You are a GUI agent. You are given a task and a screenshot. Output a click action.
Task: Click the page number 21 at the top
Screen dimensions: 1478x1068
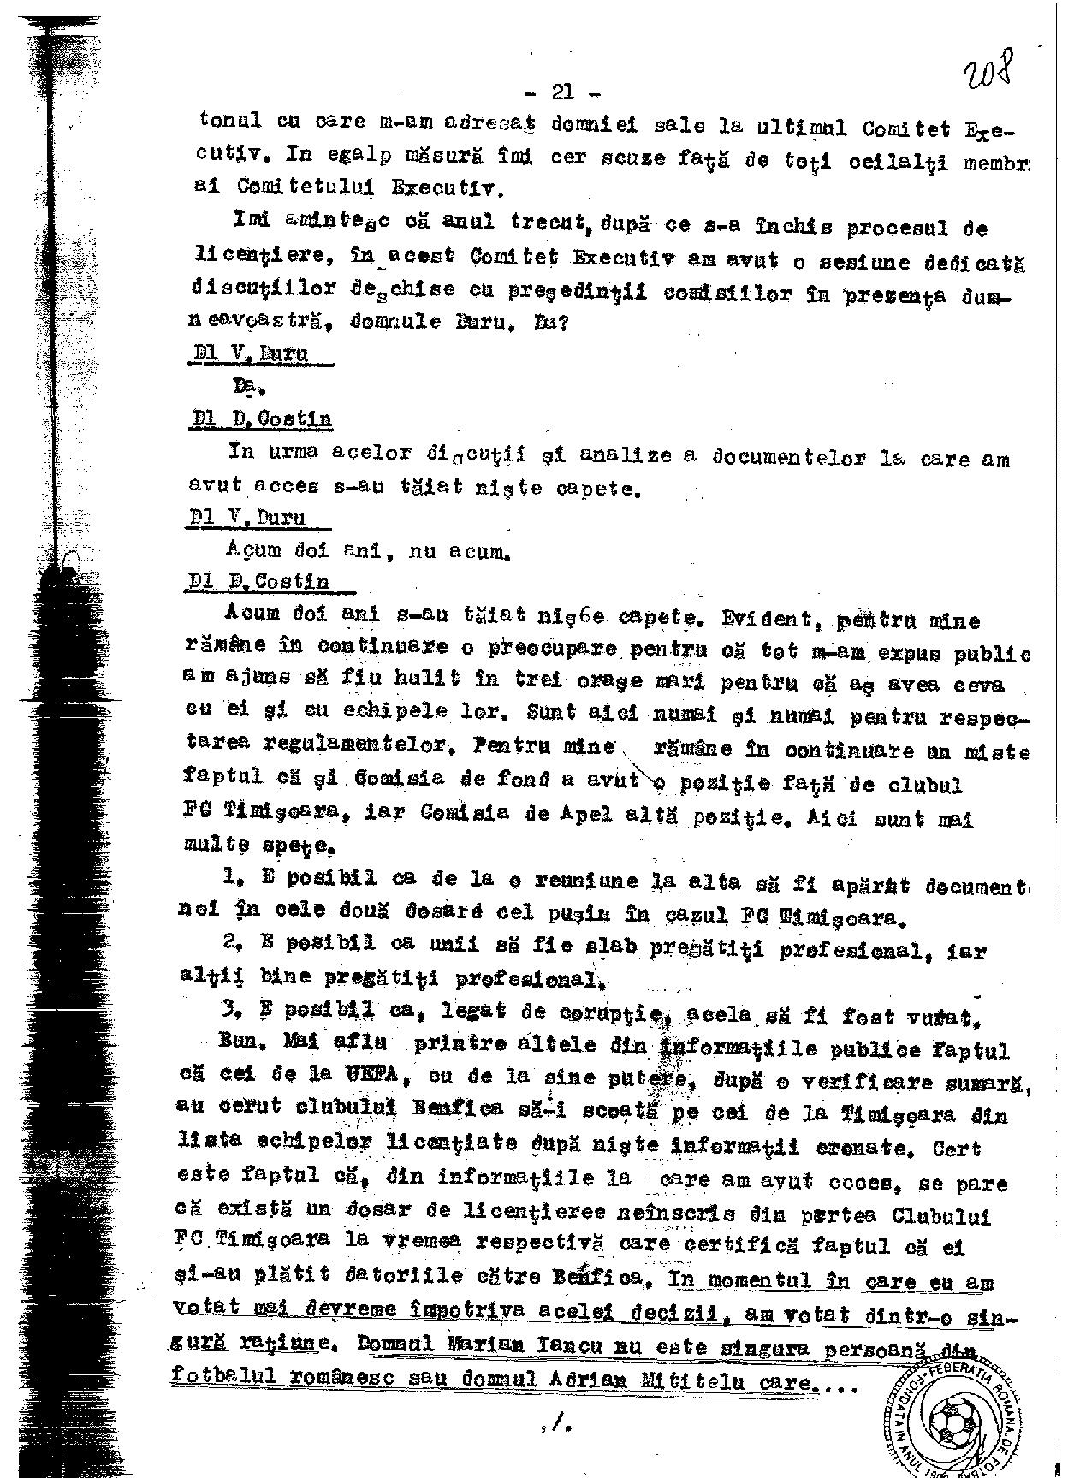point(563,91)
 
